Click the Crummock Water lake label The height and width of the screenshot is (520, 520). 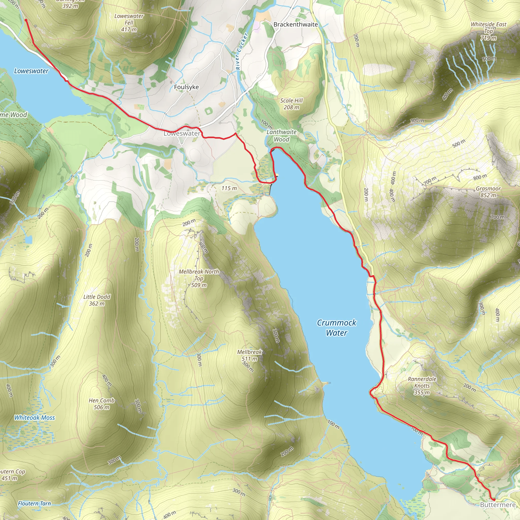pos(336,328)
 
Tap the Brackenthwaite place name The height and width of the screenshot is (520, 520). pos(296,24)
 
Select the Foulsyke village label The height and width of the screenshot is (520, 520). pos(186,87)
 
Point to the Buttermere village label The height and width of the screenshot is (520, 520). pos(498,505)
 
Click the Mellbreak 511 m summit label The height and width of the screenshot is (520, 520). pos(249,355)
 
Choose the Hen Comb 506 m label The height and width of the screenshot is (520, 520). pos(102,404)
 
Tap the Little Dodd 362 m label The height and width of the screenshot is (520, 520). pos(97,300)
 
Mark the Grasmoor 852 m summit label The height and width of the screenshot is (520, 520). pos(488,192)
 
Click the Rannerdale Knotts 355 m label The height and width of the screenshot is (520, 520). pos(422,386)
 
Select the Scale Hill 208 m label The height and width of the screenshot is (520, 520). pos(291,104)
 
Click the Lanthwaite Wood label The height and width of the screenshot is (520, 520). pos(282,136)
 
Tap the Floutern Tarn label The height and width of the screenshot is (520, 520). pos(34,503)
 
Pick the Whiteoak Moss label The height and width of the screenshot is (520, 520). pos(35,417)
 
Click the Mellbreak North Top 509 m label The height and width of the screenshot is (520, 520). pos(199,278)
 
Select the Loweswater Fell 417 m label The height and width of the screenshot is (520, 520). pos(129,23)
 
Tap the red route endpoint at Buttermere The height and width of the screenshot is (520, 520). pos(494,499)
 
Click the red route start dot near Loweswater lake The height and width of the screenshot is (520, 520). pos(26,20)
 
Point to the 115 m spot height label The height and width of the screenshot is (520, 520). pos(229,188)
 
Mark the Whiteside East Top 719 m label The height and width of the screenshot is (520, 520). pos(489,31)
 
